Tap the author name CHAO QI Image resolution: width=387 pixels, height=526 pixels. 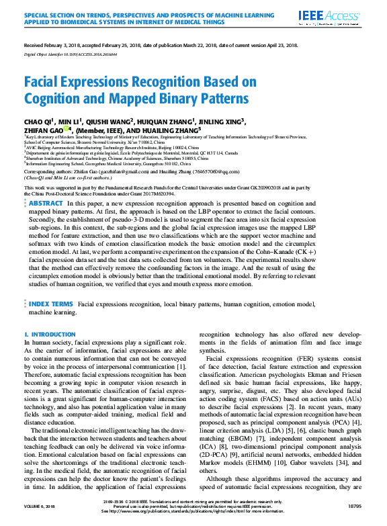(37, 121)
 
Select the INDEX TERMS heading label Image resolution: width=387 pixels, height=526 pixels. (51, 304)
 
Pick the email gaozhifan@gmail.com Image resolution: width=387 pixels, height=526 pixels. (118, 172)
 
